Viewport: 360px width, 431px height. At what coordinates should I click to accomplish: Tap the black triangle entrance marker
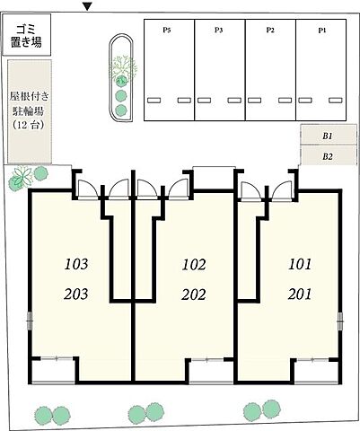pyautogui.click(x=86, y=7)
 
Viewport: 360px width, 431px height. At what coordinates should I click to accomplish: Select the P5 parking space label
pyautogui.click(x=167, y=30)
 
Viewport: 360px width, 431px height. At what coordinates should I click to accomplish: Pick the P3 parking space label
pyautogui.click(x=219, y=30)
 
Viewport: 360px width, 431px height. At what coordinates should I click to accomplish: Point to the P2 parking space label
pyautogui.click(x=270, y=30)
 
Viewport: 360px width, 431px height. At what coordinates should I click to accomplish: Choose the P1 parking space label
pyautogui.click(x=321, y=30)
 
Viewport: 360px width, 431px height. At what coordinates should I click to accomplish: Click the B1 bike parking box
pyautogui.click(x=327, y=136)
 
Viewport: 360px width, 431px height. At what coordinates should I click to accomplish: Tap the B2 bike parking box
pyautogui.click(x=327, y=155)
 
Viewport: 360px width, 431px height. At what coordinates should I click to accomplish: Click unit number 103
pyautogui.click(x=77, y=265)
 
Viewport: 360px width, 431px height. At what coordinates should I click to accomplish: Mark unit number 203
pyautogui.click(x=77, y=294)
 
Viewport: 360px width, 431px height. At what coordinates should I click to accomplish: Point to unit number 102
pyautogui.click(x=193, y=265)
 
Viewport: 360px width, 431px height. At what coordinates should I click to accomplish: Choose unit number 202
pyautogui.click(x=193, y=294)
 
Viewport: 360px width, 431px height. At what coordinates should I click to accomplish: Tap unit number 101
pyautogui.click(x=299, y=265)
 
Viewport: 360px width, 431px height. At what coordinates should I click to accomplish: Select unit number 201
pyautogui.click(x=299, y=294)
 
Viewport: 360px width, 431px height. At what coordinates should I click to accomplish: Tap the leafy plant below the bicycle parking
pyautogui.click(x=24, y=178)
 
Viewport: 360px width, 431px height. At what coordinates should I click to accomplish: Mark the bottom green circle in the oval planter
pyautogui.click(x=121, y=110)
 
